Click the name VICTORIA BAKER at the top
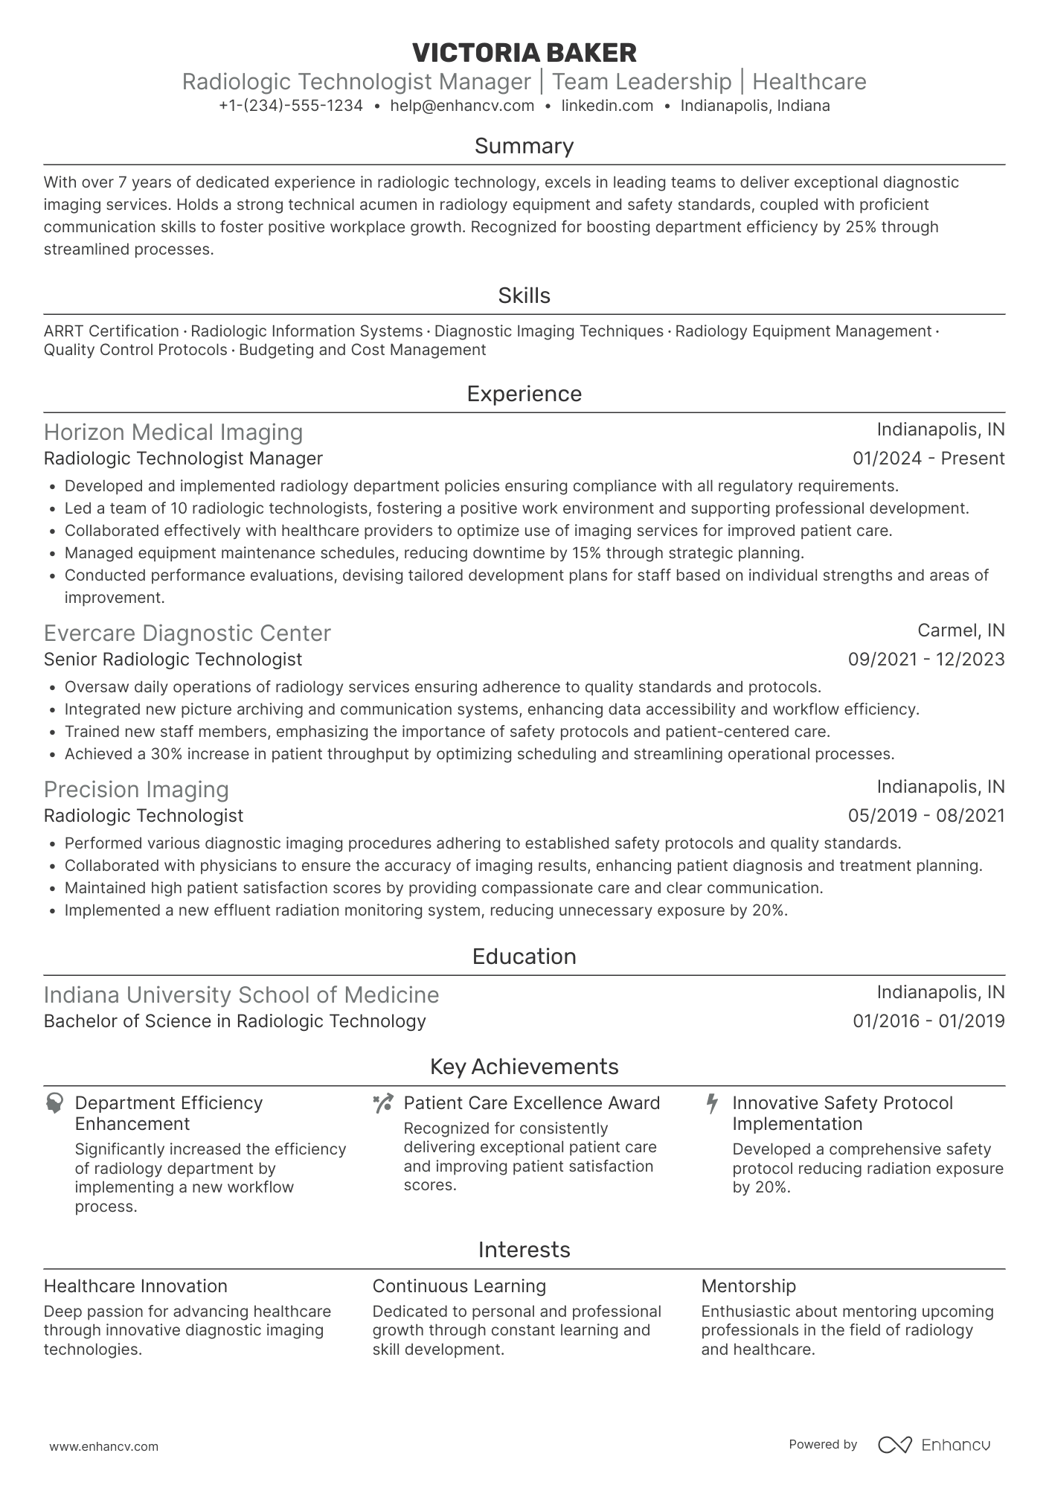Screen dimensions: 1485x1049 (x=524, y=53)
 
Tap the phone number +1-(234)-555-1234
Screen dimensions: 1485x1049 (x=291, y=106)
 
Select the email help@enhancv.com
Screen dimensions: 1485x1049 (x=462, y=106)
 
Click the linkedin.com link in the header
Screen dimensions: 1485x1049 (x=607, y=106)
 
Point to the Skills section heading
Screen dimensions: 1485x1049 (x=524, y=296)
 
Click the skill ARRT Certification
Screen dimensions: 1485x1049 (x=112, y=331)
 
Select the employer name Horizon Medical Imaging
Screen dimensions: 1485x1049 (x=173, y=432)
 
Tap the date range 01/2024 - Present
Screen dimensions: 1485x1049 (x=928, y=459)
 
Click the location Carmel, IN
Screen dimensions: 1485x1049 (x=960, y=630)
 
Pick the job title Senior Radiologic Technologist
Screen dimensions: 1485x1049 (x=173, y=660)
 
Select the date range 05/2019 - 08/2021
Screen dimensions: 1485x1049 (x=926, y=816)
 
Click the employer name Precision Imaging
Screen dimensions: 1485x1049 (x=136, y=790)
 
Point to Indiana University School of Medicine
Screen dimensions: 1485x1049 (x=241, y=995)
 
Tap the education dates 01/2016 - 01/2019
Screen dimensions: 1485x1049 (x=928, y=1021)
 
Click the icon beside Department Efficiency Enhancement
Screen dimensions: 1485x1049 (x=54, y=1103)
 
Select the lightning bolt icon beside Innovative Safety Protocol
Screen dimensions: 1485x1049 (x=712, y=1103)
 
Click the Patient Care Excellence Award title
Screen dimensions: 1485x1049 (x=531, y=1103)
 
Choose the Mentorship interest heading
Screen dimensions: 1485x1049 (x=748, y=1286)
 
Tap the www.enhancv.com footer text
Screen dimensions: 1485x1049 (x=103, y=1447)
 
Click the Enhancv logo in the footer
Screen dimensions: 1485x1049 (x=934, y=1445)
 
